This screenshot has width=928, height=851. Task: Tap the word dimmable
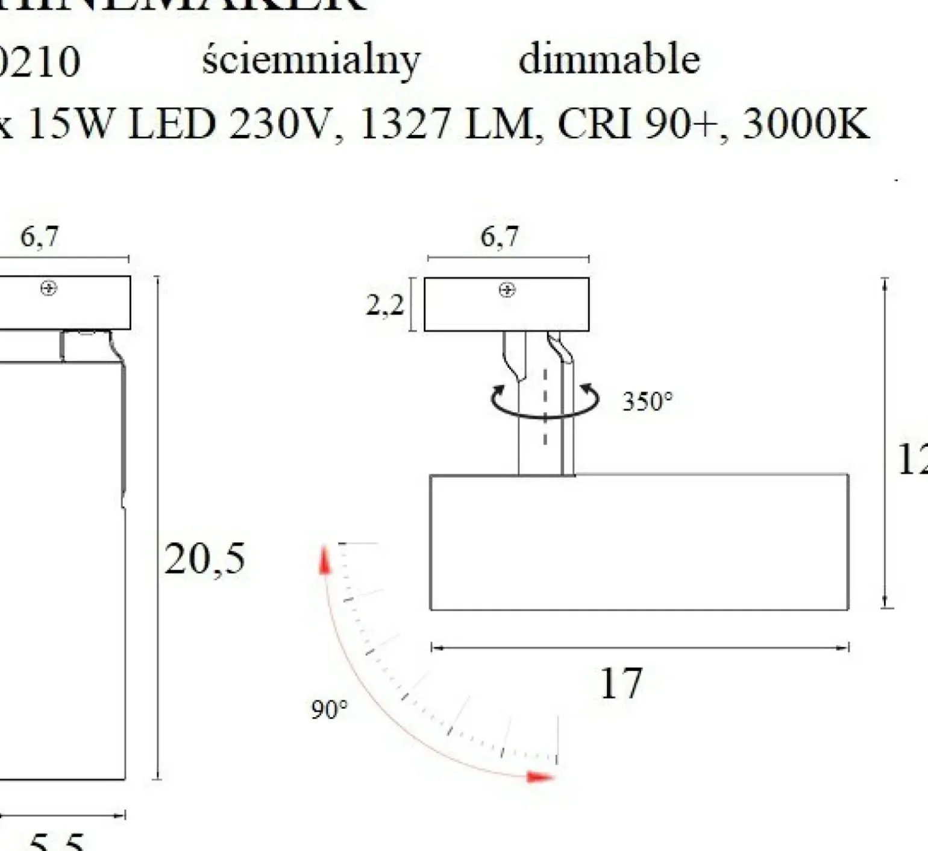click(x=609, y=60)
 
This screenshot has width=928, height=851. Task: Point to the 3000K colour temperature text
click(x=806, y=124)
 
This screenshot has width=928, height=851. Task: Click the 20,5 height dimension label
click(x=204, y=558)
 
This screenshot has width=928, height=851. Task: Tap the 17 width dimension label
click(x=621, y=683)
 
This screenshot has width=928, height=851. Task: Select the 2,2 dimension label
click(x=384, y=306)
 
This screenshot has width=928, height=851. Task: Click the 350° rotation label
click(x=647, y=401)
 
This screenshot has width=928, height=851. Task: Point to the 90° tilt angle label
click(x=329, y=710)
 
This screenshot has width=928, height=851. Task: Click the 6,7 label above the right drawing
click(x=499, y=236)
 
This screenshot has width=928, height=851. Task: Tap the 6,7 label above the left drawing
click(x=40, y=236)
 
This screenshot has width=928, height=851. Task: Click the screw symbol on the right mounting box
click(x=507, y=290)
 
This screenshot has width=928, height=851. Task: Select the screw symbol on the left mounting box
click(x=49, y=289)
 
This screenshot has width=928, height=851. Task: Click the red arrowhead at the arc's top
click(x=325, y=559)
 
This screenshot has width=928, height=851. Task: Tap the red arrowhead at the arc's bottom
click(x=539, y=777)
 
